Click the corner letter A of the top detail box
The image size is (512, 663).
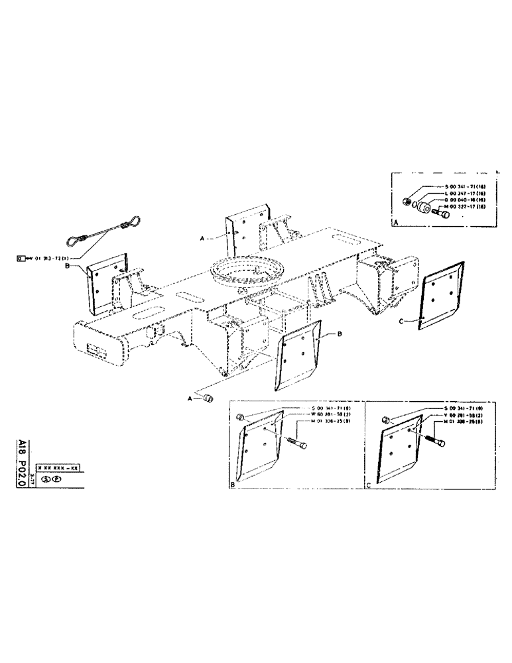click(395, 225)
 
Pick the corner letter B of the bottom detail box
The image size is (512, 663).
click(233, 485)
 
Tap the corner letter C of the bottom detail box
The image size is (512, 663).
click(369, 485)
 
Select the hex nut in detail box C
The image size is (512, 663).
click(386, 419)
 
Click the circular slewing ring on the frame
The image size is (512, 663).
click(247, 271)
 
